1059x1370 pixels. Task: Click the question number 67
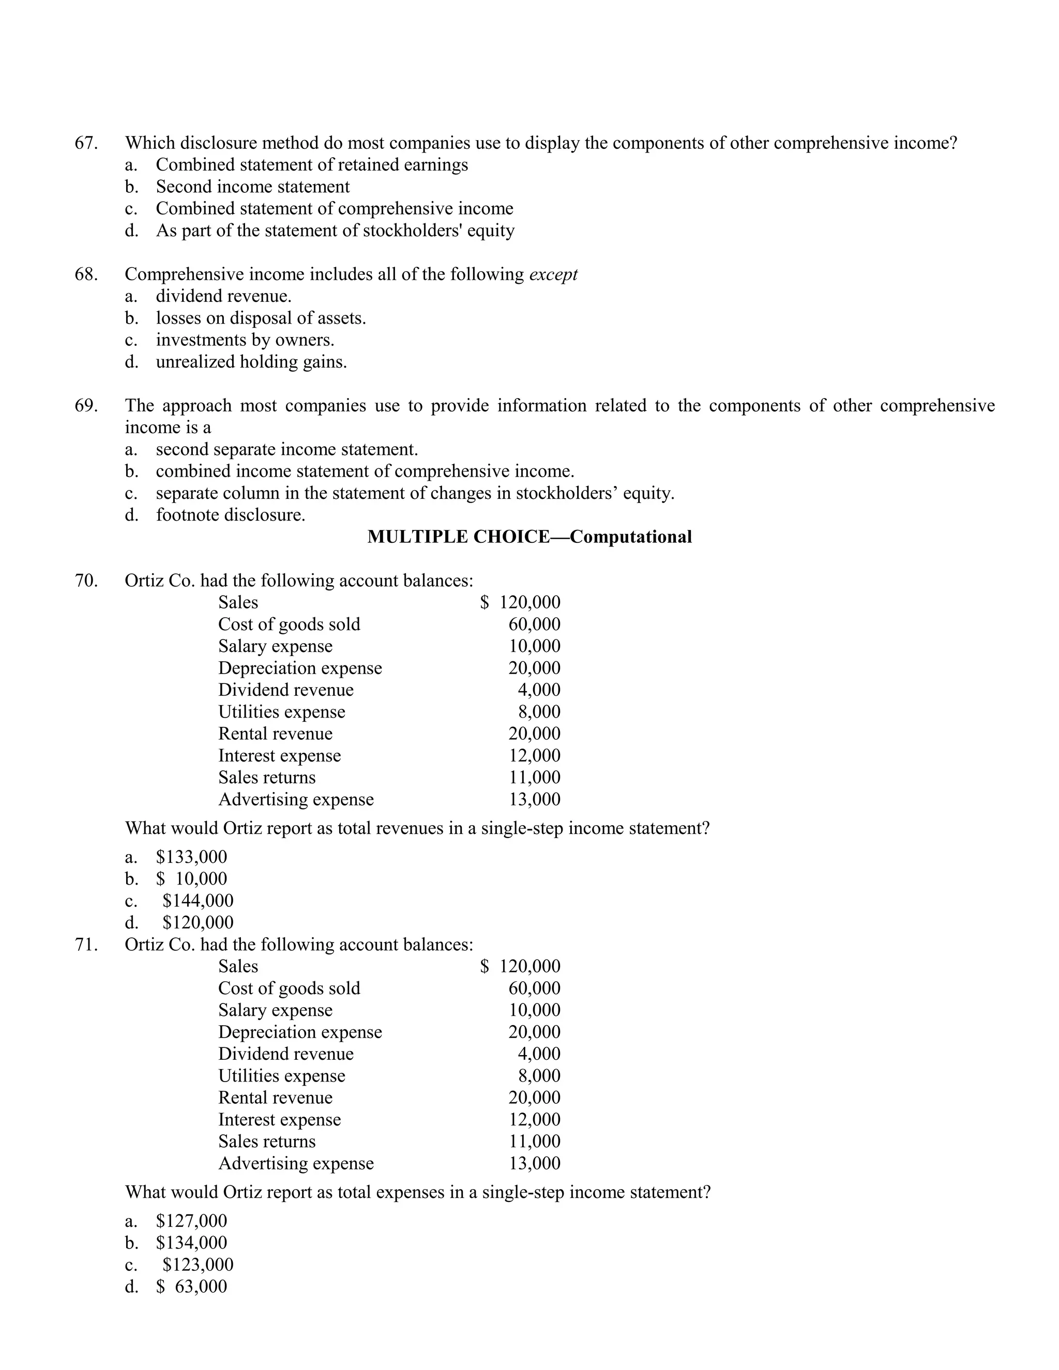pos(86,143)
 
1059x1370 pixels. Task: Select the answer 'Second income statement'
pos(252,187)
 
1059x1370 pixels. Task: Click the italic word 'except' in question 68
pos(553,275)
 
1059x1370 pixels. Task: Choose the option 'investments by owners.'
pos(245,340)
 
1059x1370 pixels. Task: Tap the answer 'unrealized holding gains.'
pos(251,362)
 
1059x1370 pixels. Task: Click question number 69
pos(86,406)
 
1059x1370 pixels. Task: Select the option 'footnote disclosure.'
pos(230,515)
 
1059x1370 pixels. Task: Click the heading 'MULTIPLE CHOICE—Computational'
pos(529,537)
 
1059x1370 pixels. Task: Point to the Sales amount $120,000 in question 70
pos(521,603)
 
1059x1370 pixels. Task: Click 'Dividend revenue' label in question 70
pos(285,690)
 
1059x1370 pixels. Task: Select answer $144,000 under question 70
pos(198,901)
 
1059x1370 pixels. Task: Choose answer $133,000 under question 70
pos(191,857)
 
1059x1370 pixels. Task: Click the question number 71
pos(86,945)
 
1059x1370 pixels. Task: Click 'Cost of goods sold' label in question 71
pos(289,988)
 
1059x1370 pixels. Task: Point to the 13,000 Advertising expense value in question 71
pos(535,1164)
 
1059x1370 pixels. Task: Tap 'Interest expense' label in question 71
pos(279,1120)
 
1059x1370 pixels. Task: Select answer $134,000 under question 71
pos(191,1243)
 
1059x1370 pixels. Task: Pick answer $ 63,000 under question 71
pos(191,1287)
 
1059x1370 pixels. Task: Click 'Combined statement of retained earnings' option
pos(312,165)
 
